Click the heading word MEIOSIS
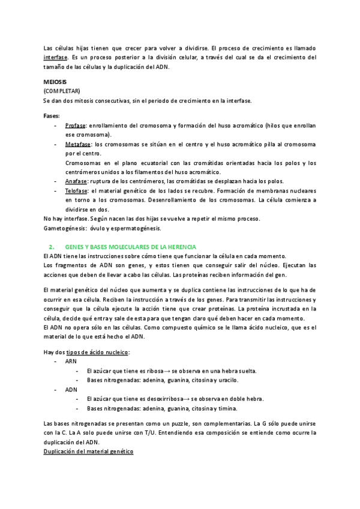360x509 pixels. (x=55, y=81)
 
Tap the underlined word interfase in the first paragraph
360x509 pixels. (x=55, y=57)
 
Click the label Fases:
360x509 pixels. (x=52, y=115)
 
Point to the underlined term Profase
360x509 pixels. (x=75, y=125)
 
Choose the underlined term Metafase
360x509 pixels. (x=78, y=145)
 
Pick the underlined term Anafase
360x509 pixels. (x=76, y=181)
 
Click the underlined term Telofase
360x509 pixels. (x=77, y=190)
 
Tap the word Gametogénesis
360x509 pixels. (x=64, y=228)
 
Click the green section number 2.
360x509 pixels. (x=51, y=247)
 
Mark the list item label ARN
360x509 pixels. (x=71, y=362)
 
